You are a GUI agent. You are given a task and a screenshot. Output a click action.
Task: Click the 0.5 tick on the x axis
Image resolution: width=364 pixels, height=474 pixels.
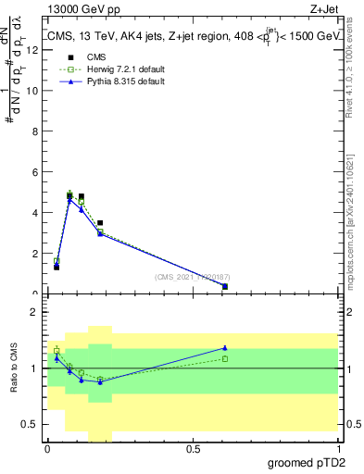coord(193,449)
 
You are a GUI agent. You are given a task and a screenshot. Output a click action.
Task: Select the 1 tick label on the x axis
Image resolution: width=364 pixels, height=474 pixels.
coord(338,449)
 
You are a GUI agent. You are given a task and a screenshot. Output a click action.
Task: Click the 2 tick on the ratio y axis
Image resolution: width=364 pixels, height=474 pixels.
coord(33,312)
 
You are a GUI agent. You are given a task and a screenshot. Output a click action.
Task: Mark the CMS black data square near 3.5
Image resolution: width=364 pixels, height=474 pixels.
coord(100,223)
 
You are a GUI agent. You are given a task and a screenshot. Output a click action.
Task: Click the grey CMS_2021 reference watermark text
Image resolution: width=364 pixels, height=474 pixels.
coord(191,277)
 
